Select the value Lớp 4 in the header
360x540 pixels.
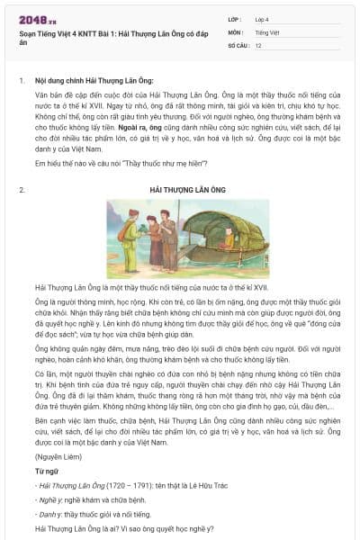(261, 19)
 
